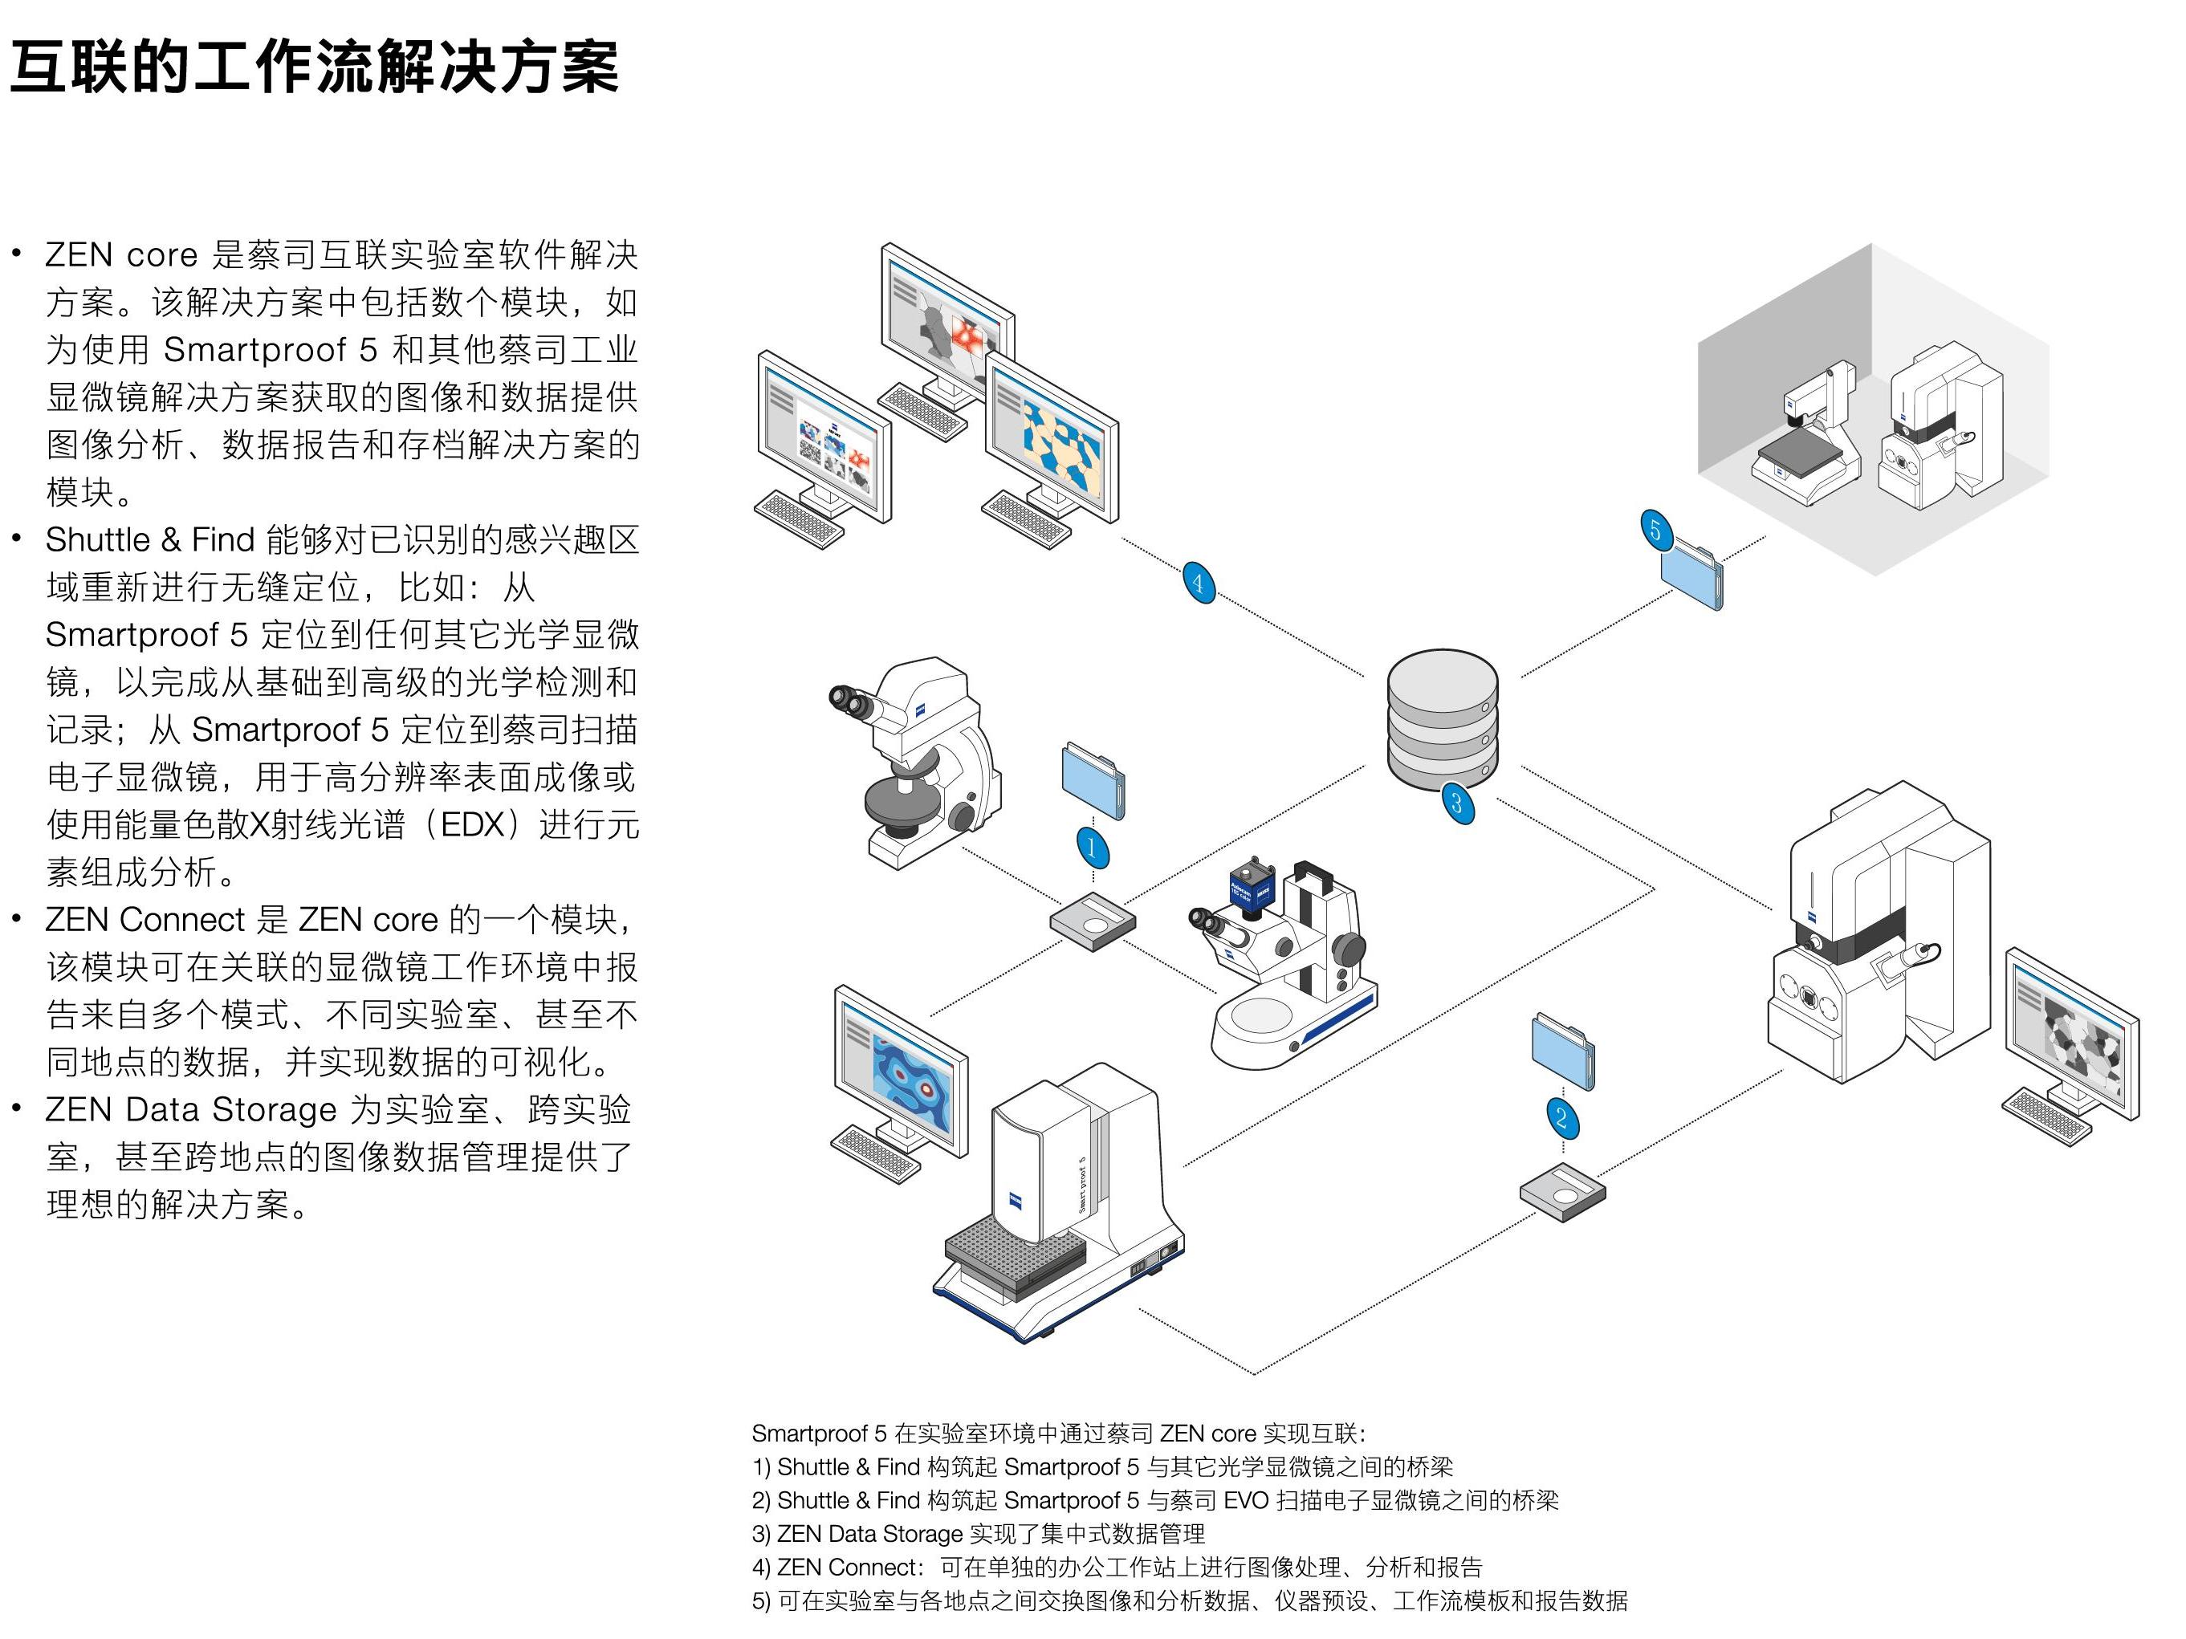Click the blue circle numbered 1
(1092, 847)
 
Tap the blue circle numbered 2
(1561, 1117)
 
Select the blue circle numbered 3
(1457, 802)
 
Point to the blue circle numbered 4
(1199, 582)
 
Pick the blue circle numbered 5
(1656, 531)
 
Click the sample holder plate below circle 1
(1092, 921)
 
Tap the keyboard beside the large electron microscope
(2046, 1116)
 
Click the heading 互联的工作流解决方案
(314, 67)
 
